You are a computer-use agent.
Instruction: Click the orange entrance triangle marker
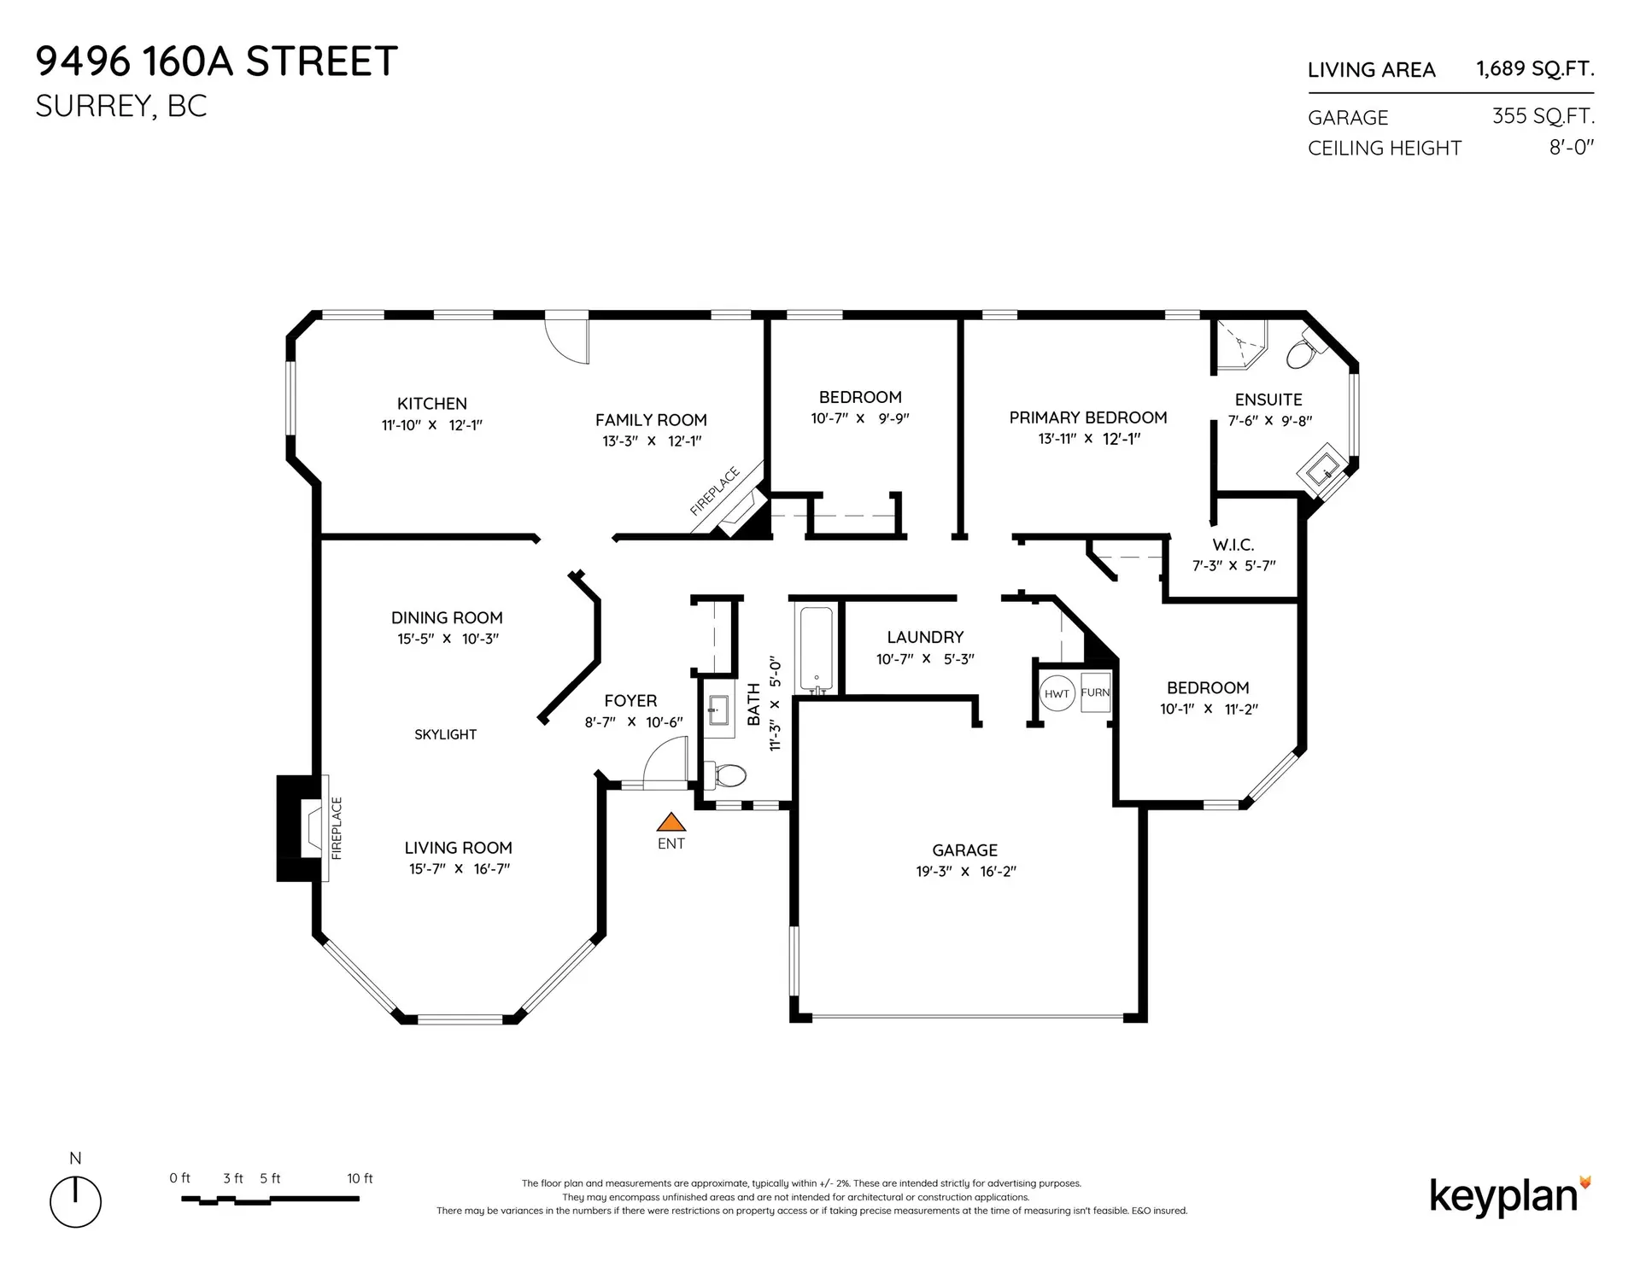[671, 822]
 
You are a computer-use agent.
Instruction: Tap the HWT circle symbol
[1057, 693]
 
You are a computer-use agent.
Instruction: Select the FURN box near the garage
[1095, 692]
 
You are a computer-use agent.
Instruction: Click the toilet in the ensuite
[1302, 353]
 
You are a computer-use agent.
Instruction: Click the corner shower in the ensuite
[1238, 344]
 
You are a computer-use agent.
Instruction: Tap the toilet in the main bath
[727, 775]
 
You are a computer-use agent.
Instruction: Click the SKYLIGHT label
[445, 734]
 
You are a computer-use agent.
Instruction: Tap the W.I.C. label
[1233, 545]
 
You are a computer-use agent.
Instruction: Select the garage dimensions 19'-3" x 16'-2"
[965, 872]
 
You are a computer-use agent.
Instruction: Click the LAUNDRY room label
[924, 637]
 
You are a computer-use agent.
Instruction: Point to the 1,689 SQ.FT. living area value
[1535, 68]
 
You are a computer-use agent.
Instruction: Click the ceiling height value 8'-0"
[1572, 147]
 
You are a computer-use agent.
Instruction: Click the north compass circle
[75, 1202]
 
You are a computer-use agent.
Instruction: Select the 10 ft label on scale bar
[360, 1178]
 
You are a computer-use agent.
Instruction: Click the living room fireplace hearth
[312, 827]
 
